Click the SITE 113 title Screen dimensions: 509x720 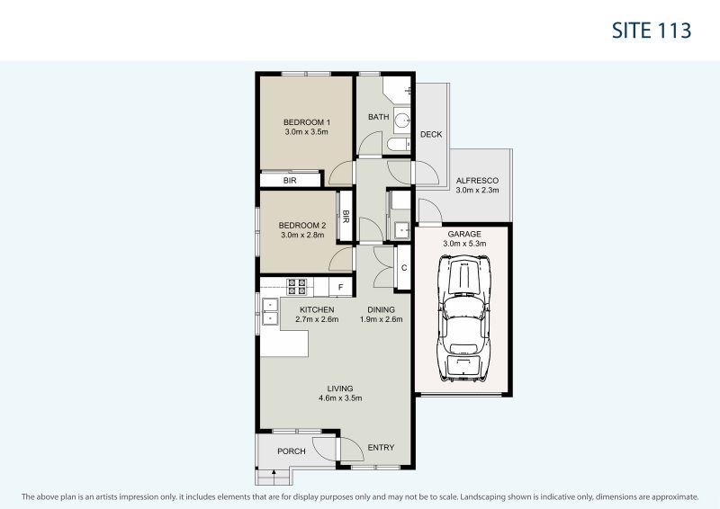click(x=651, y=30)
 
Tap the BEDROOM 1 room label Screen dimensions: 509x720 click(x=306, y=122)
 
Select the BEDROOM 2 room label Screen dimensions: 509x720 click(x=301, y=225)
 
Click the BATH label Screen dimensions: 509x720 click(x=378, y=117)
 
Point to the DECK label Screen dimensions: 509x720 click(x=431, y=135)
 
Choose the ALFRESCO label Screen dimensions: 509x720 click(x=477, y=180)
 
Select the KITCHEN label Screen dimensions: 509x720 click(x=304, y=309)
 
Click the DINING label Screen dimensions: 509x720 click(x=380, y=309)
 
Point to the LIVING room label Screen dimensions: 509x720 click(x=339, y=388)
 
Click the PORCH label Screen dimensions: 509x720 click(x=291, y=451)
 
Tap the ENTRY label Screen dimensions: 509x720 click(x=381, y=448)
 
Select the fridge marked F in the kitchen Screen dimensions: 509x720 click(x=341, y=287)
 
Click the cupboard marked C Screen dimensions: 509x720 click(x=404, y=267)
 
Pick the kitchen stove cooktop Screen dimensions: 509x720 click(x=297, y=287)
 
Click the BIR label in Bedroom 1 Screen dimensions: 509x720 click(x=290, y=181)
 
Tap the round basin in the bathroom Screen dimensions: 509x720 click(x=401, y=121)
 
